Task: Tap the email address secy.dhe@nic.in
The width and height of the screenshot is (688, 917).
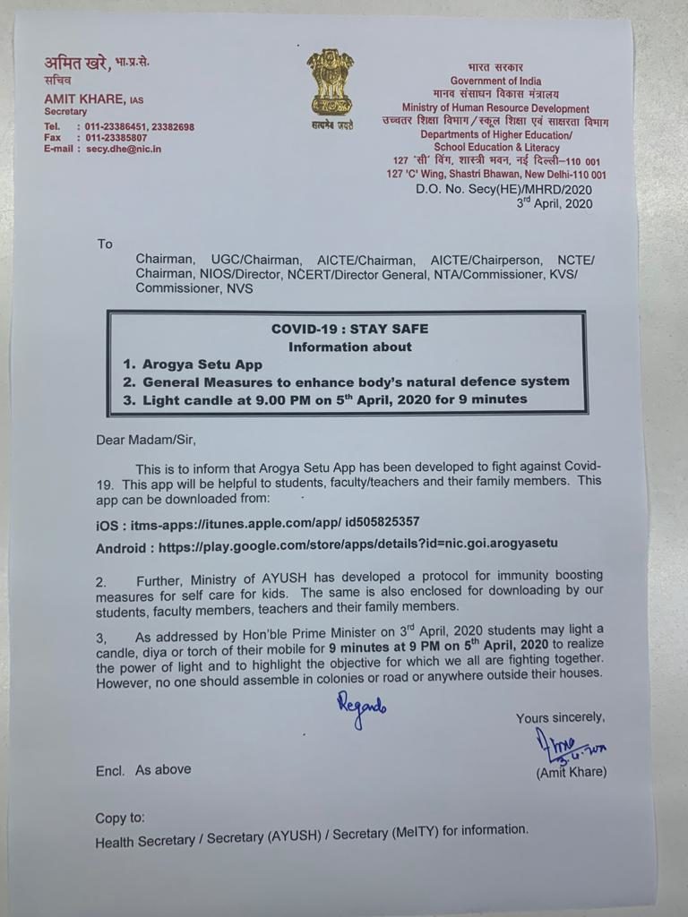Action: point(126,150)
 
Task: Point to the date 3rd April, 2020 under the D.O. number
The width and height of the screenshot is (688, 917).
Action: point(555,203)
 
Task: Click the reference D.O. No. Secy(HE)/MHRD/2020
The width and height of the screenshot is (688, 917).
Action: point(503,190)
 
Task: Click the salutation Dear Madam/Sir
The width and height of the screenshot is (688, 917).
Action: point(145,440)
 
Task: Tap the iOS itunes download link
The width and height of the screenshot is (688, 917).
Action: point(258,521)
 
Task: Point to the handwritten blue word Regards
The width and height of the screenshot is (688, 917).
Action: point(361,709)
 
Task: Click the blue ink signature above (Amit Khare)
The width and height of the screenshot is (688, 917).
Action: point(568,743)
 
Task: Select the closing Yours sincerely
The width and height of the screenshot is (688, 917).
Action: point(560,717)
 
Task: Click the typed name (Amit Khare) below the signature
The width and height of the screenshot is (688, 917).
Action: point(570,772)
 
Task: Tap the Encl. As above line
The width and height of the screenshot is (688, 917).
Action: point(143,770)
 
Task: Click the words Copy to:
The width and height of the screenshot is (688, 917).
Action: point(120,818)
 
